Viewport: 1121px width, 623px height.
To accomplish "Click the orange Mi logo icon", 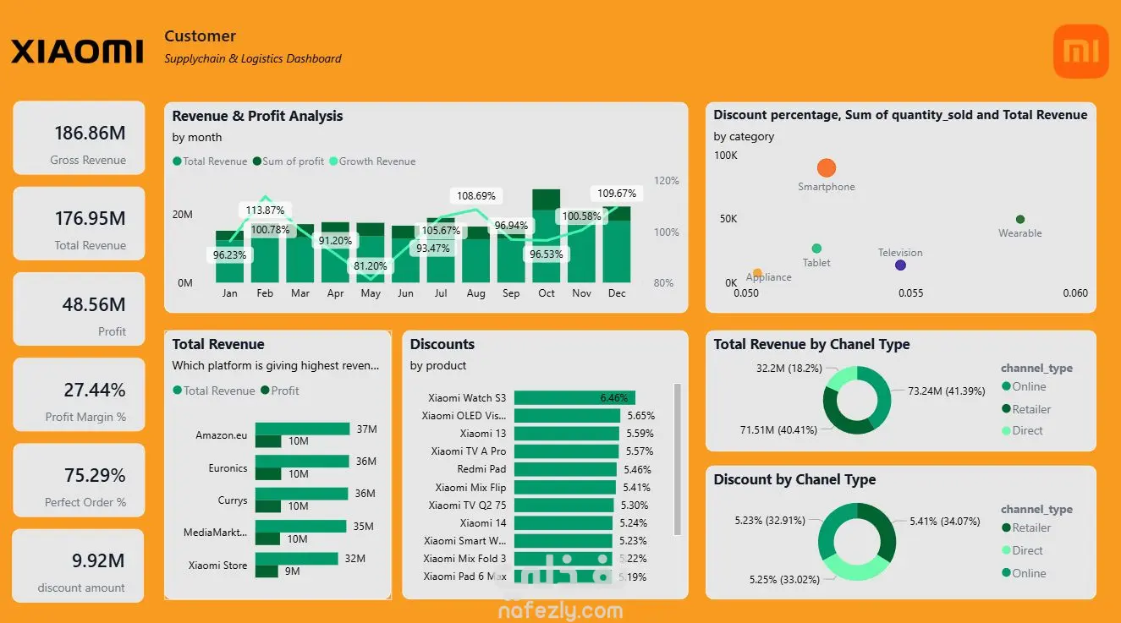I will point(1080,52).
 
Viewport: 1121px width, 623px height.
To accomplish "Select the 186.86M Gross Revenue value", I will point(90,133).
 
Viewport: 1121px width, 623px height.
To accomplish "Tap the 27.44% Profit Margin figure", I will point(95,390).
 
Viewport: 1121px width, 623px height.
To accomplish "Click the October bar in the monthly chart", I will point(547,237).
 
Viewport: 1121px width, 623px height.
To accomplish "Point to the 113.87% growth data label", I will point(266,210).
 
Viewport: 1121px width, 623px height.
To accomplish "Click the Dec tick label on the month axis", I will point(617,293).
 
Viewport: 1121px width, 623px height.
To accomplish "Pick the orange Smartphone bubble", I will point(827,168).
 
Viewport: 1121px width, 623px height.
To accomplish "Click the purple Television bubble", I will point(900,265).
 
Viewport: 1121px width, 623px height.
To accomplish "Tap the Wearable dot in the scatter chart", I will point(1020,220).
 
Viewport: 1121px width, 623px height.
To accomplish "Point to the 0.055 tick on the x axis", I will point(910,293).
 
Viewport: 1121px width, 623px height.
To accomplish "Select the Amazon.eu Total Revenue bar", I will point(303,429).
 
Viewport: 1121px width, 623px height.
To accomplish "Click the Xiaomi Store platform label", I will point(217,566).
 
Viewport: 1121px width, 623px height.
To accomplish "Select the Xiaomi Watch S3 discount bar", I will point(574,398).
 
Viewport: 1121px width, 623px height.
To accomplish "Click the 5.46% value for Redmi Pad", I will point(637,469).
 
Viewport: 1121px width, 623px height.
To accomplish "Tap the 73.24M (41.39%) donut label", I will point(947,391).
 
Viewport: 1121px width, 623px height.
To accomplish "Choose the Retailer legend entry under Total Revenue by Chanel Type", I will point(1026,409).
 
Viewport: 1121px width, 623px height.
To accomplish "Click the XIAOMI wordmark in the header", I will point(77,52).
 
